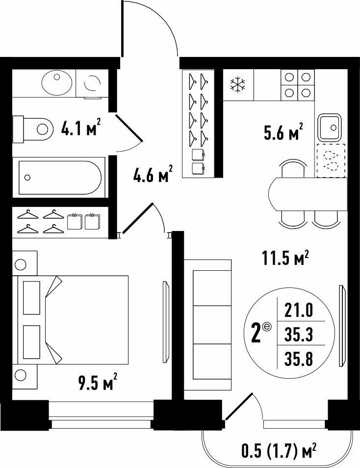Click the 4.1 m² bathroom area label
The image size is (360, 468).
80,128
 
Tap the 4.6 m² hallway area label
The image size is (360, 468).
153,174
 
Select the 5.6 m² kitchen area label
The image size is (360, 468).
283,131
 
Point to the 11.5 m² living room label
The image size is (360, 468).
285,258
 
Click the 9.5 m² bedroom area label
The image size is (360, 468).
98,382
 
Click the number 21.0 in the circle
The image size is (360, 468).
299,311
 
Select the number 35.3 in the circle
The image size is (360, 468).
299,334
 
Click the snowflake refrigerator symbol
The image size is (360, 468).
237,84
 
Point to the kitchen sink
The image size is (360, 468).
329,128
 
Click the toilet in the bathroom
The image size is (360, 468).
33,129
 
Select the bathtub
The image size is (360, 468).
60,178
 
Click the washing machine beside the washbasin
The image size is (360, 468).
92,83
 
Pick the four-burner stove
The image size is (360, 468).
297,85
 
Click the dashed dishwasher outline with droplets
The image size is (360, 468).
331,160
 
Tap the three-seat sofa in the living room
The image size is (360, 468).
208,325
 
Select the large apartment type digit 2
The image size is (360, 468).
256,334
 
